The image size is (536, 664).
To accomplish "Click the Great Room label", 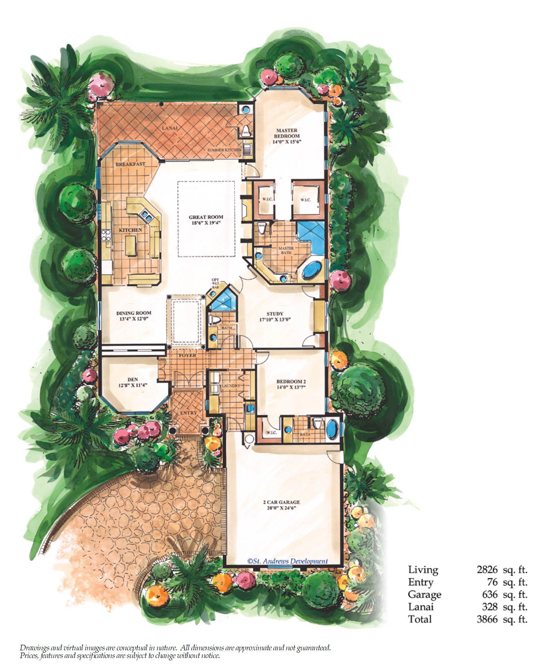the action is [206, 217].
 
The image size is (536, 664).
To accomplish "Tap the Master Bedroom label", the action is [287, 133].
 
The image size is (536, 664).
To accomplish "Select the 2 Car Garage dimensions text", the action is [281, 508].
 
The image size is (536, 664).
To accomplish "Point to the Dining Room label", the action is [134, 313].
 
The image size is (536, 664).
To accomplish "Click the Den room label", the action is [133, 379].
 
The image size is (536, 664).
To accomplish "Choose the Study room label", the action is [275, 314].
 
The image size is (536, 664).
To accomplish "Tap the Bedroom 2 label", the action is [291, 381].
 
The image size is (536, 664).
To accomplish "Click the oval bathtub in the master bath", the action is [313, 270].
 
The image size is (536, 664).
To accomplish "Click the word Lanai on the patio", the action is [170, 128].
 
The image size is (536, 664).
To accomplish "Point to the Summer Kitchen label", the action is [224, 150].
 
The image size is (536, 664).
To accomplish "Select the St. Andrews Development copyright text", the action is [287, 561].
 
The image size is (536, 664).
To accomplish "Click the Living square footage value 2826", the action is [487, 570].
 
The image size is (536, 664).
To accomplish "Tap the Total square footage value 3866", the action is [487, 619].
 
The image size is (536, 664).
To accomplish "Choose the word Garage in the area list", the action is [424, 595].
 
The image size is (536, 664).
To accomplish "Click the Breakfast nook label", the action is [130, 164].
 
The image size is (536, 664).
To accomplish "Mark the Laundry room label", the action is [231, 385].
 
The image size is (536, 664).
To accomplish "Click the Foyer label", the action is [187, 355].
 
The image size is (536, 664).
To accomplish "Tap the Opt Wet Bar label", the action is [215, 283].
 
